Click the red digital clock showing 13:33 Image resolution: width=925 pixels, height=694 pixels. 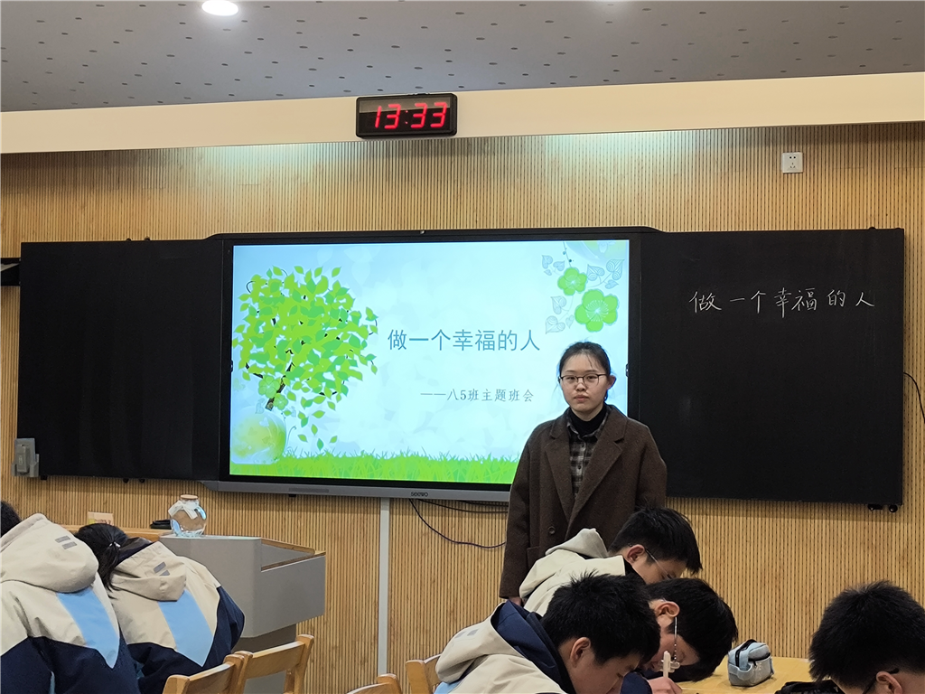[x=406, y=115]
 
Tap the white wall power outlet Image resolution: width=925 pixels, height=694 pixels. [x=791, y=162]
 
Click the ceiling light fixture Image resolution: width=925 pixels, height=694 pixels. [x=220, y=7]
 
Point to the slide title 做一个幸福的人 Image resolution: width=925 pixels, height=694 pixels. [x=463, y=341]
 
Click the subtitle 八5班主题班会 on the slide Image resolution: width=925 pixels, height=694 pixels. [x=491, y=396]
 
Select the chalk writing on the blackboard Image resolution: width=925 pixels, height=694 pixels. [x=781, y=301]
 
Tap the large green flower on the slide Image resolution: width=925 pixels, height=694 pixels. [x=597, y=310]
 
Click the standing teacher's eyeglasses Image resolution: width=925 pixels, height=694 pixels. [x=583, y=379]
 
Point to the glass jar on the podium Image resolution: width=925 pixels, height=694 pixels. [x=188, y=516]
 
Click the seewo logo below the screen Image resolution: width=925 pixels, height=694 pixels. [x=419, y=494]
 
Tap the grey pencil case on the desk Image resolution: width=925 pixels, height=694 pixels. [x=750, y=662]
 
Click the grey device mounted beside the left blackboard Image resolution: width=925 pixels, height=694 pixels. [x=24, y=457]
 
